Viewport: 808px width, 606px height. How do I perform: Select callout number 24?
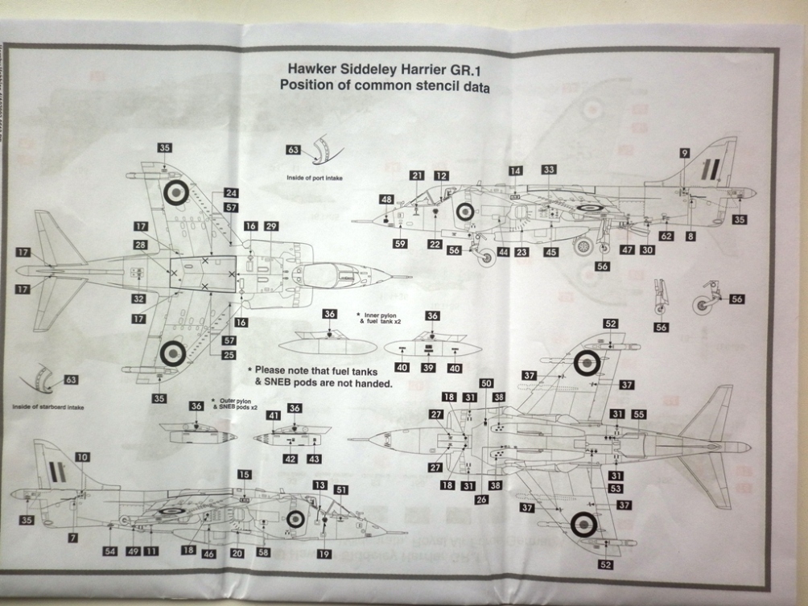click(x=232, y=193)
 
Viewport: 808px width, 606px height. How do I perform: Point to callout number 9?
click(x=684, y=153)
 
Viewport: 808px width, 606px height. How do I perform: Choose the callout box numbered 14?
click(x=516, y=171)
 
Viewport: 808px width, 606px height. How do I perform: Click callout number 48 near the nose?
click(x=387, y=200)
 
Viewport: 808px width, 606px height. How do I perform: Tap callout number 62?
click(x=666, y=236)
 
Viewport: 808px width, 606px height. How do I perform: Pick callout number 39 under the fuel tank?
click(x=429, y=368)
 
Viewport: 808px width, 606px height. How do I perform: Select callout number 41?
click(x=274, y=415)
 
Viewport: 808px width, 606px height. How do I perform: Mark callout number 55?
click(x=640, y=414)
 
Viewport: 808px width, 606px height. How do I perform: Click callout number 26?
click(x=481, y=500)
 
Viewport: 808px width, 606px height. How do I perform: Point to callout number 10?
click(x=83, y=457)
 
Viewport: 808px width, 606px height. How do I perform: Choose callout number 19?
click(x=324, y=554)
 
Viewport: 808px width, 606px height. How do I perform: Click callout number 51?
click(x=341, y=489)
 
